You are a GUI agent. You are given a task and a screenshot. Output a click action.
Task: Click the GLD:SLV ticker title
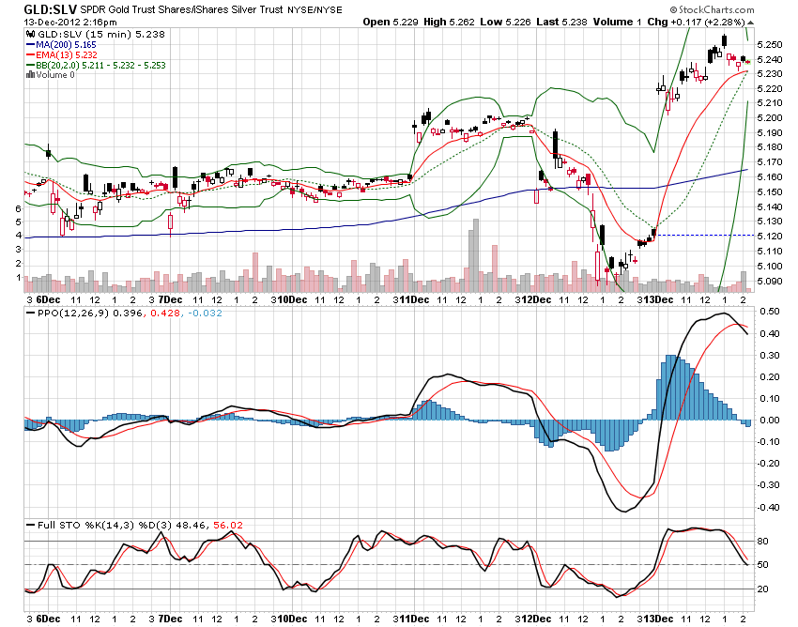click(x=44, y=8)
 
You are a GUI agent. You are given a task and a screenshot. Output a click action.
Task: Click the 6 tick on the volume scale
click(x=19, y=208)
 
